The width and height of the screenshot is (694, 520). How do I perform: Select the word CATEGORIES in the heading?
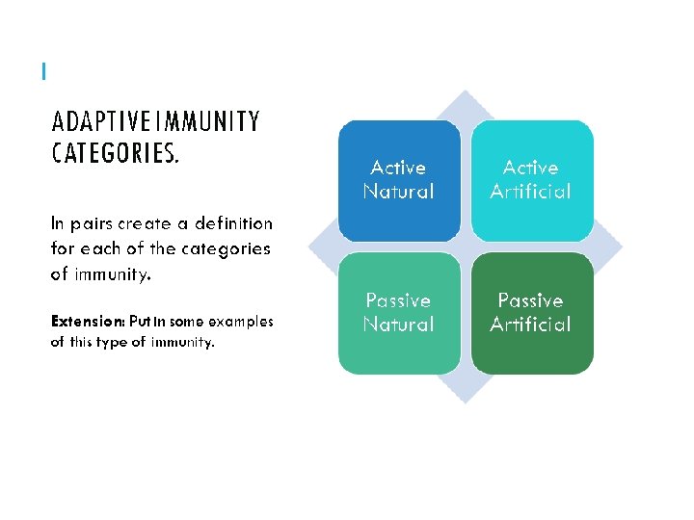click(114, 154)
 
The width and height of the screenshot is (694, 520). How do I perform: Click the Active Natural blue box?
click(398, 179)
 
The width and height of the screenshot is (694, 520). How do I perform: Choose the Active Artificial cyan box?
click(531, 179)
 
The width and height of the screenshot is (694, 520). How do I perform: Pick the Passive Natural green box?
click(398, 313)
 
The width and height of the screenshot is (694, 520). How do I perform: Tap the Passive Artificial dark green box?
click(531, 313)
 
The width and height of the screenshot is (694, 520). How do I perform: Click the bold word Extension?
click(86, 322)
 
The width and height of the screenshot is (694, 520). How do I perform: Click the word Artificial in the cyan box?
click(530, 192)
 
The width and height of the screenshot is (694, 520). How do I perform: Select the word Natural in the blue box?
click(398, 192)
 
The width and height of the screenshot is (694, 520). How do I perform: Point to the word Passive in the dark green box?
click(530, 300)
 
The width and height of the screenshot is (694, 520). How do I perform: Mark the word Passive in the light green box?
click(398, 300)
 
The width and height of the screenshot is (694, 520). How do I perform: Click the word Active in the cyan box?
click(530, 168)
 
